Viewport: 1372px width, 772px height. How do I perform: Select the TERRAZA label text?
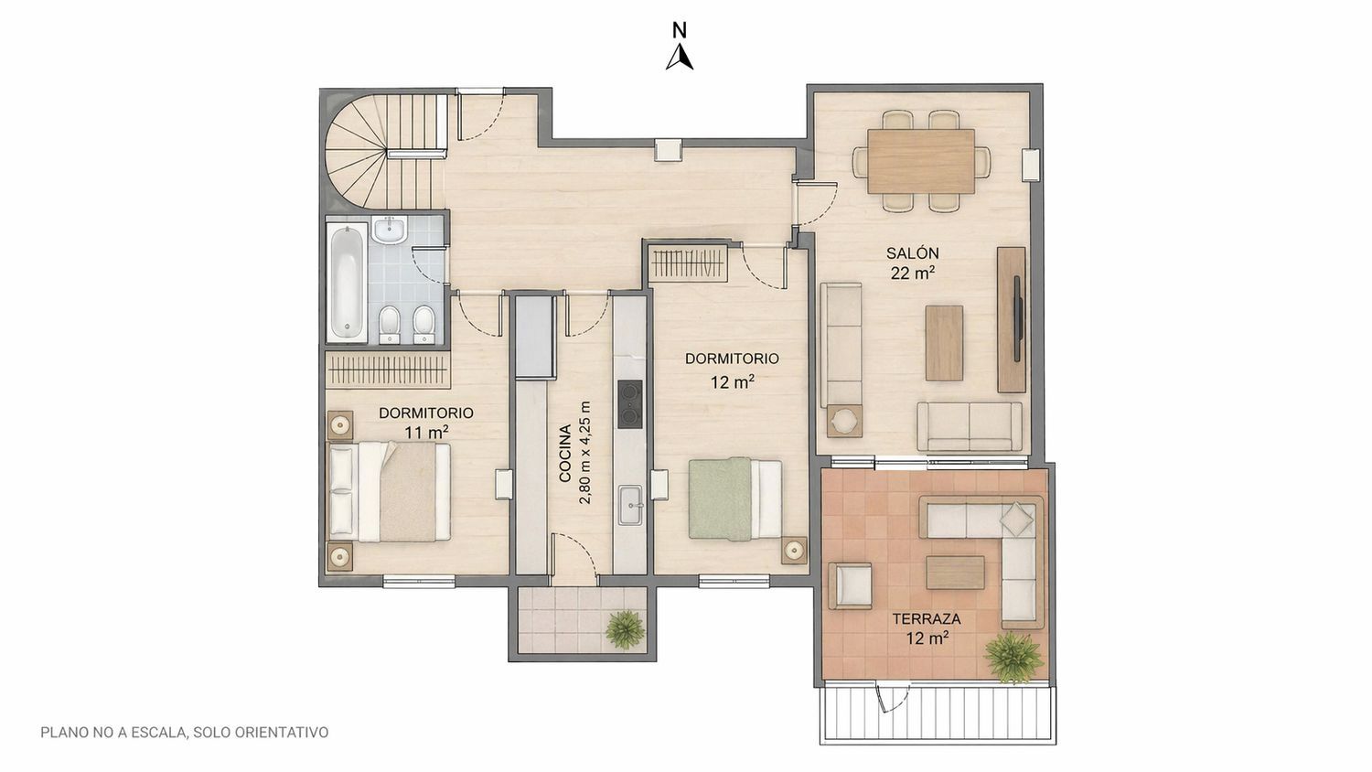926,619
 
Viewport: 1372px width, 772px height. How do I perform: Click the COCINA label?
565,454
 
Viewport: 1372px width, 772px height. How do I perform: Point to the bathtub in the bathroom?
347,281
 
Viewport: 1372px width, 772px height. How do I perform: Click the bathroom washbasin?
390,230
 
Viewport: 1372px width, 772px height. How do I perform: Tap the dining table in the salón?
921,161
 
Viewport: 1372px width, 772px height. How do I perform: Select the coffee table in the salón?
944,343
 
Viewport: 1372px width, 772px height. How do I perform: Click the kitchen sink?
630,505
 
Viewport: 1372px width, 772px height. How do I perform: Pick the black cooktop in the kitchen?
629,403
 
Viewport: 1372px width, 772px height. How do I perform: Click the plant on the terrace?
1013,658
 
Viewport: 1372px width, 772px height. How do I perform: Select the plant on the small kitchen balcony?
626,628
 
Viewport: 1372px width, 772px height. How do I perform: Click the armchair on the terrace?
850,585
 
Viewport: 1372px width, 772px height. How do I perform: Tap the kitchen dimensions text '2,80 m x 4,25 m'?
585,453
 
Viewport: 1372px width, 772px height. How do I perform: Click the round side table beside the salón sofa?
844,421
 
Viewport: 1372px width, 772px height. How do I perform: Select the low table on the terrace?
956,573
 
